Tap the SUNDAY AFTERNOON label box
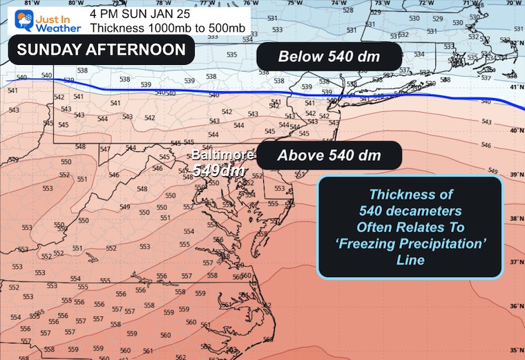click(x=101, y=50)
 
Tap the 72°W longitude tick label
click(x=426, y=3)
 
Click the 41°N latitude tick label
click(x=516, y=88)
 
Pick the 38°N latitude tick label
click(x=516, y=219)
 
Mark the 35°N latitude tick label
click(x=516, y=350)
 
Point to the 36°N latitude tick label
click(x=516, y=307)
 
